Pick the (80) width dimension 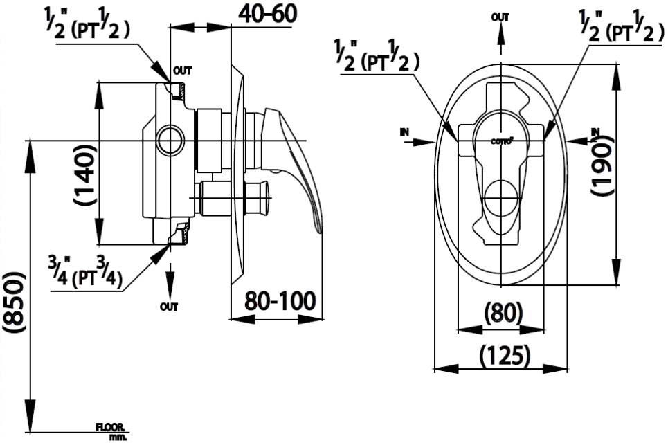pyautogui.click(x=503, y=314)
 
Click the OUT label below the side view pyautogui.click(x=168, y=306)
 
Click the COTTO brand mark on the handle pyautogui.click(x=502, y=141)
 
